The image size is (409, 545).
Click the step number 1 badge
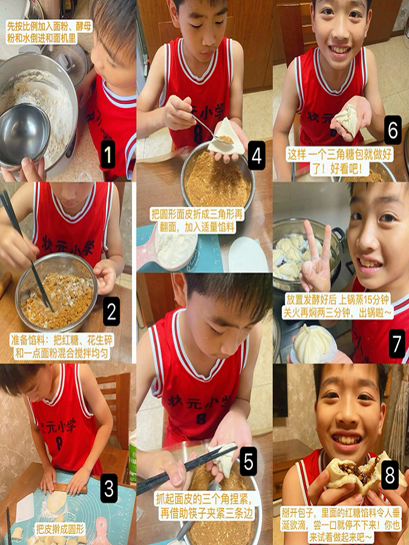click(x=107, y=154)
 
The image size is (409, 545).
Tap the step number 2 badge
click(x=111, y=311)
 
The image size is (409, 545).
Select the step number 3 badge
click(x=109, y=487)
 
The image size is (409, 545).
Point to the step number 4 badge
click(x=257, y=156)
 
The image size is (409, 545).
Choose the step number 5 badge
click(x=248, y=461)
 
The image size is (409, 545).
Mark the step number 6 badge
click(x=392, y=130)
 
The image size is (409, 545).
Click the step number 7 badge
click(x=396, y=343)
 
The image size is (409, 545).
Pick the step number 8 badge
click(x=390, y=475)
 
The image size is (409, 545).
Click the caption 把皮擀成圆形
click(x=61, y=529)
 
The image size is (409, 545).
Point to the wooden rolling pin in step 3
click(x=70, y=487)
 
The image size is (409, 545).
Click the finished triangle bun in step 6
click(x=347, y=120)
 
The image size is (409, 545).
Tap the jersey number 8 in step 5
click(x=201, y=418)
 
